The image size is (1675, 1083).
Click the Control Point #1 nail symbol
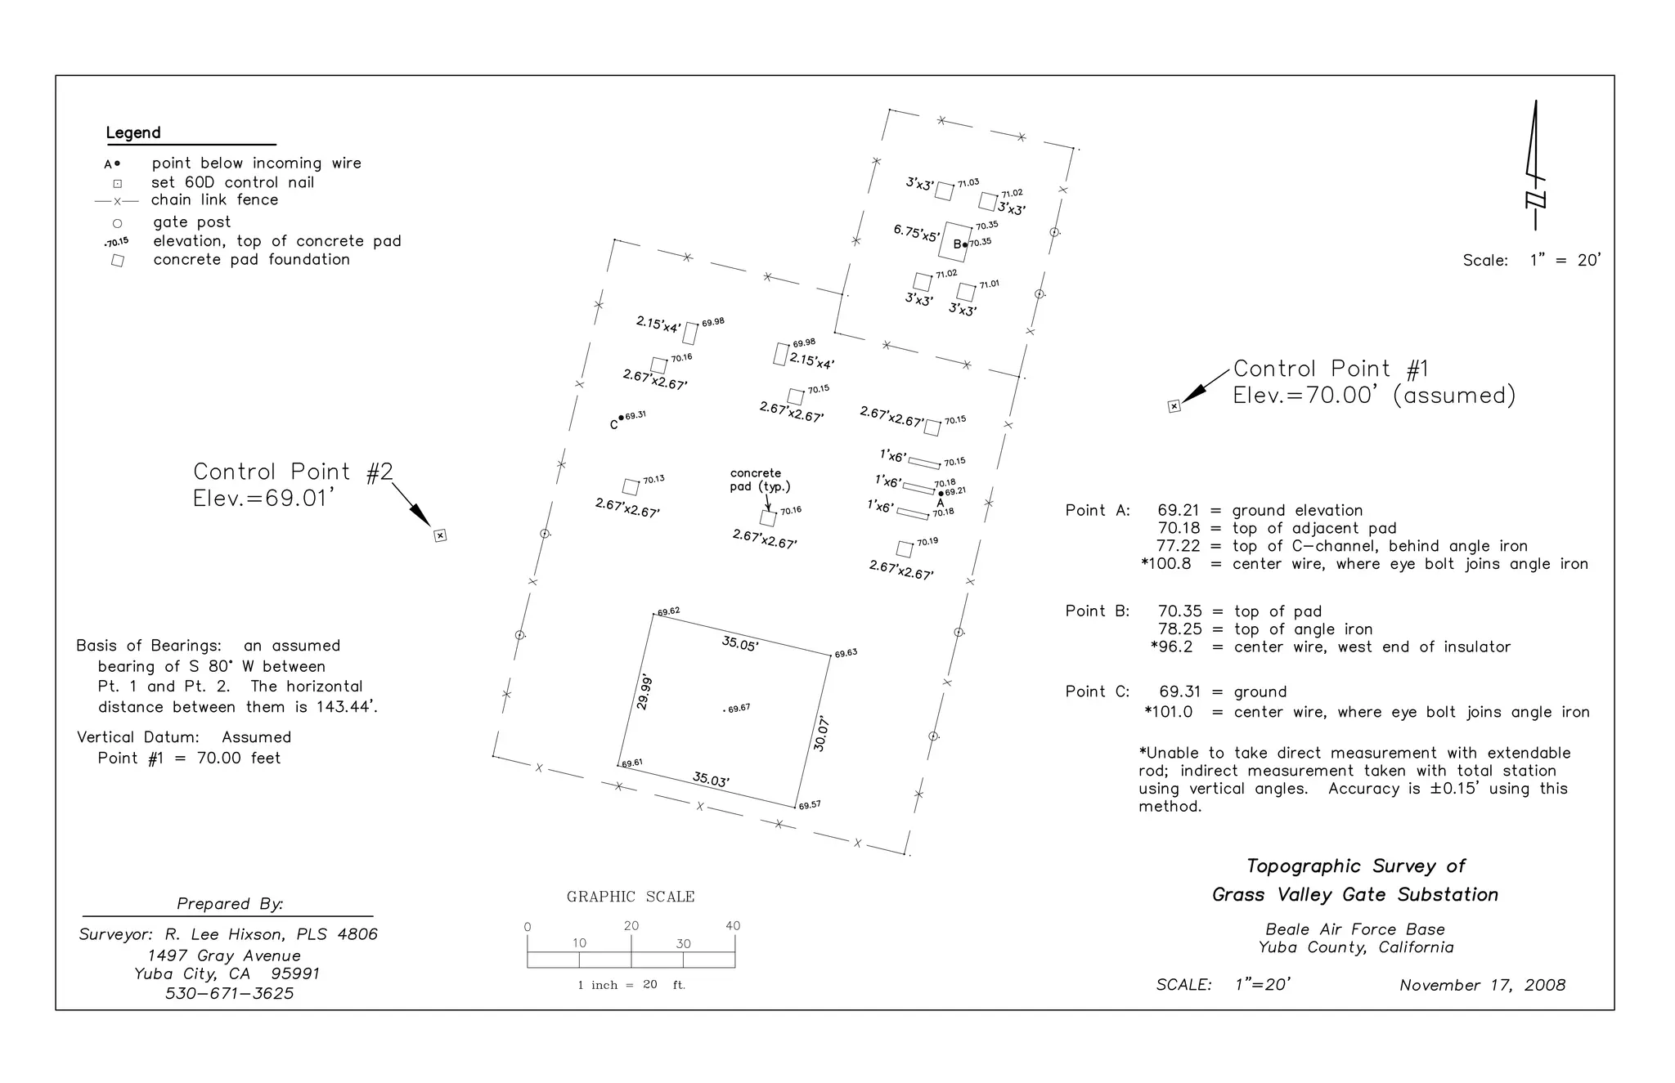(x=1174, y=406)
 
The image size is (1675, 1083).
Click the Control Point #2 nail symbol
(x=440, y=536)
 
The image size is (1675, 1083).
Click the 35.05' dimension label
(x=740, y=644)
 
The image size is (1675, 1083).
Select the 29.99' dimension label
(x=645, y=691)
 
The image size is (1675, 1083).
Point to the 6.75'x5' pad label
(x=916, y=233)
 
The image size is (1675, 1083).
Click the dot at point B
(x=965, y=244)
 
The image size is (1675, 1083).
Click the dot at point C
(x=622, y=417)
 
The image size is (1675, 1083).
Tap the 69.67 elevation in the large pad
(x=739, y=709)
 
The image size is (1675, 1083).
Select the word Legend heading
(x=133, y=133)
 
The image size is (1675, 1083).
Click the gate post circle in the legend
(x=117, y=223)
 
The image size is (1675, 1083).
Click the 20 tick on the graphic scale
(x=631, y=926)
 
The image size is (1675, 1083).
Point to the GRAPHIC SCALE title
(x=631, y=897)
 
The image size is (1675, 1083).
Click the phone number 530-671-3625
(x=229, y=994)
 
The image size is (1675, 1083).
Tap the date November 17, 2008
(x=1482, y=986)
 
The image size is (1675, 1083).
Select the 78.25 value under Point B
(x=1179, y=629)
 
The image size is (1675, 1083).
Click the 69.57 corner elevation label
(x=810, y=806)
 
